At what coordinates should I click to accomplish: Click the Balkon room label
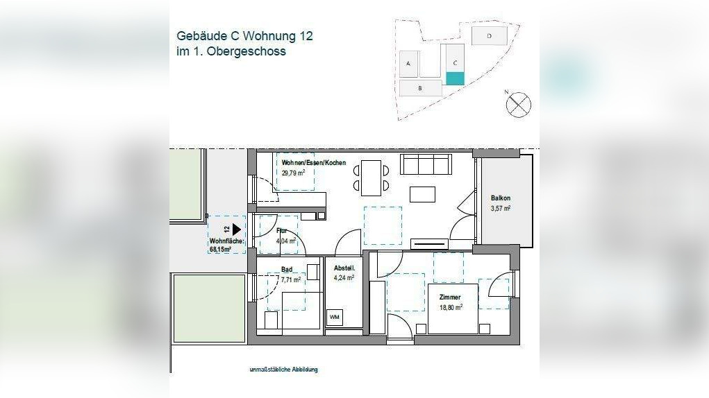click(x=501, y=198)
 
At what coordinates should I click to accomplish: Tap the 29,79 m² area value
click(x=294, y=173)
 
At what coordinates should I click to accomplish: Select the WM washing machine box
click(x=335, y=317)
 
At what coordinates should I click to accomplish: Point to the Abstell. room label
click(x=344, y=268)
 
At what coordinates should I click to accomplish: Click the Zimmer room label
click(x=450, y=296)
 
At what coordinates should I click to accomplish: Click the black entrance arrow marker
click(x=237, y=228)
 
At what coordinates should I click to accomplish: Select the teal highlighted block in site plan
click(x=454, y=78)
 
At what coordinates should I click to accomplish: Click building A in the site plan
click(x=409, y=63)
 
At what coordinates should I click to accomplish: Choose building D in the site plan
click(x=490, y=35)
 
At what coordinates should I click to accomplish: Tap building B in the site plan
click(x=420, y=88)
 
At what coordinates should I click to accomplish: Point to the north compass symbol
click(x=519, y=105)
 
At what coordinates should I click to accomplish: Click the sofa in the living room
click(x=426, y=165)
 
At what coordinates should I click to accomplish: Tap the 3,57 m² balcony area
click(x=501, y=208)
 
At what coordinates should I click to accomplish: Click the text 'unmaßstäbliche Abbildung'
click(x=283, y=370)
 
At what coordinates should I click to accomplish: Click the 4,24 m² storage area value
click(x=344, y=278)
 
